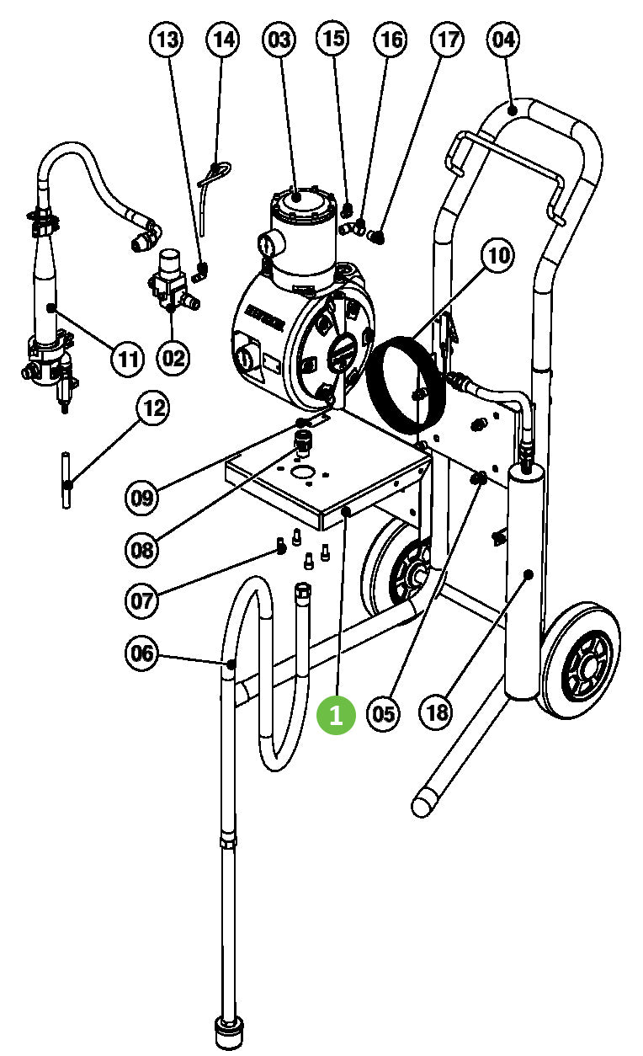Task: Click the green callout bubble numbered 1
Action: pos(336,714)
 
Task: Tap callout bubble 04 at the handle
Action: pos(503,39)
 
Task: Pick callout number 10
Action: pos(498,255)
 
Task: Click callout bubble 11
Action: pos(127,359)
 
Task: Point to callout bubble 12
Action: pos(153,409)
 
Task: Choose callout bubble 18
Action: pos(437,714)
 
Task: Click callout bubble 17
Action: pos(448,39)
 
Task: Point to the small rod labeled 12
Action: pos(66,480)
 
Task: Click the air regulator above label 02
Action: pos(171,278)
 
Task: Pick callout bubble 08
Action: pos(143,550)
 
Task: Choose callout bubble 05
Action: pos(383,714)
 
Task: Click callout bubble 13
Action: pos(167,39)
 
